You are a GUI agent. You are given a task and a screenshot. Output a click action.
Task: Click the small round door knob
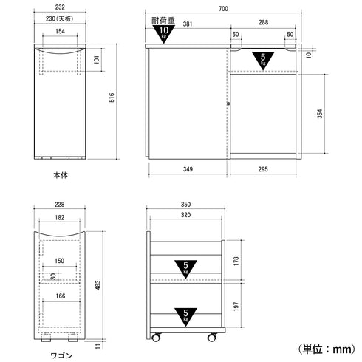pos(229,103)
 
